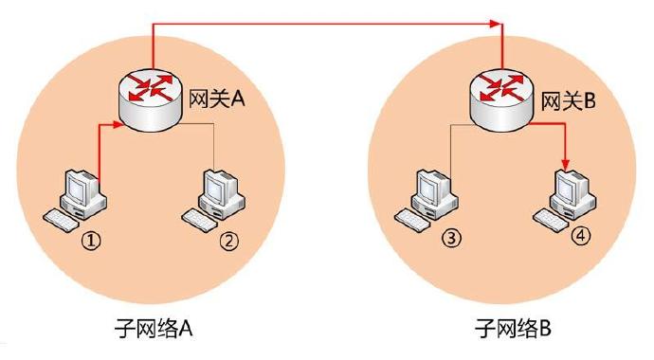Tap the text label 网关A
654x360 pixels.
[x=219, y=99]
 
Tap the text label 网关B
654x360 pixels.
[x=567, y=99]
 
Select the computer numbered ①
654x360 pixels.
[x=78, y=195]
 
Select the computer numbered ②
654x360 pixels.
[x=217, y=195]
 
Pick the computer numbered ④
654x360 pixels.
[x=566, y=195]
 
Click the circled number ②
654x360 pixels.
[x=228, y=243]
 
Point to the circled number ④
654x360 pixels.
[x=580, y=237]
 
